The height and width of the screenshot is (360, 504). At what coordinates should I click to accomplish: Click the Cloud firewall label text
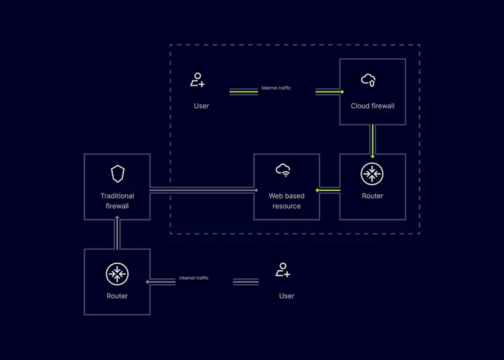(x=373, y=106)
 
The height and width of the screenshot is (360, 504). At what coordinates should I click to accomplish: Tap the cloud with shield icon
(x=368, y=80)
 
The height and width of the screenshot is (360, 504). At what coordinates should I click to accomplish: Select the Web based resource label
(x=287, y=201)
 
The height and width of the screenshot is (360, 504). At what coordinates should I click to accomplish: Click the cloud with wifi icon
(x=283, y=170)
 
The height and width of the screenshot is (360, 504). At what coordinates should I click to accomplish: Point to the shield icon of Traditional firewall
(x=117, y=174)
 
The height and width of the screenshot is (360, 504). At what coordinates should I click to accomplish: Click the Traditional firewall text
(x=117, y=201)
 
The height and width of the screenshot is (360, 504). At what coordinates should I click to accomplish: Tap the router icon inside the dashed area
(x=372, y=174)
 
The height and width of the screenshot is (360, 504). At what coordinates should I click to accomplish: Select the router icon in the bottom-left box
(x=117, y=274)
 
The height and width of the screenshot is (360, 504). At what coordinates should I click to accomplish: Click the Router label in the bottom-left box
(x=117, y=296)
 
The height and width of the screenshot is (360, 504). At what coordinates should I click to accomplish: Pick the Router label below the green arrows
(x=373, y=196)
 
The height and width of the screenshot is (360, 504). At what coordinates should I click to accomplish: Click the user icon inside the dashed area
(x=197, y=80)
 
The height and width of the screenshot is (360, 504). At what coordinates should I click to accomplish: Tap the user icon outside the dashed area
(x=282, y=270)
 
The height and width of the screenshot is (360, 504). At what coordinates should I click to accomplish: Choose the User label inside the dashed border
(x=201, y=106)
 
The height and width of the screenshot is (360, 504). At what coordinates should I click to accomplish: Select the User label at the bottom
(x=287, y=296)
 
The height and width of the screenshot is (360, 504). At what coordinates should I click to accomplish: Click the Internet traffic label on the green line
(x=276, y=88)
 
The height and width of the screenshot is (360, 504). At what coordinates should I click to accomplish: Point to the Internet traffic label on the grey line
(x=194, y=278)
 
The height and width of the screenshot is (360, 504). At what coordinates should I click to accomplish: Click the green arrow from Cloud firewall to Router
(x=372, y=139)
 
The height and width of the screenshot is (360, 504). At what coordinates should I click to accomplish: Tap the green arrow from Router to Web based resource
(x=329, y=191)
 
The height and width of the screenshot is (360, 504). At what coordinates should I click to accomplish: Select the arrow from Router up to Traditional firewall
(x=117, y=232)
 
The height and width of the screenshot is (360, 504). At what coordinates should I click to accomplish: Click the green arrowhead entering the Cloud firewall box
(x=341, y=92)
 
